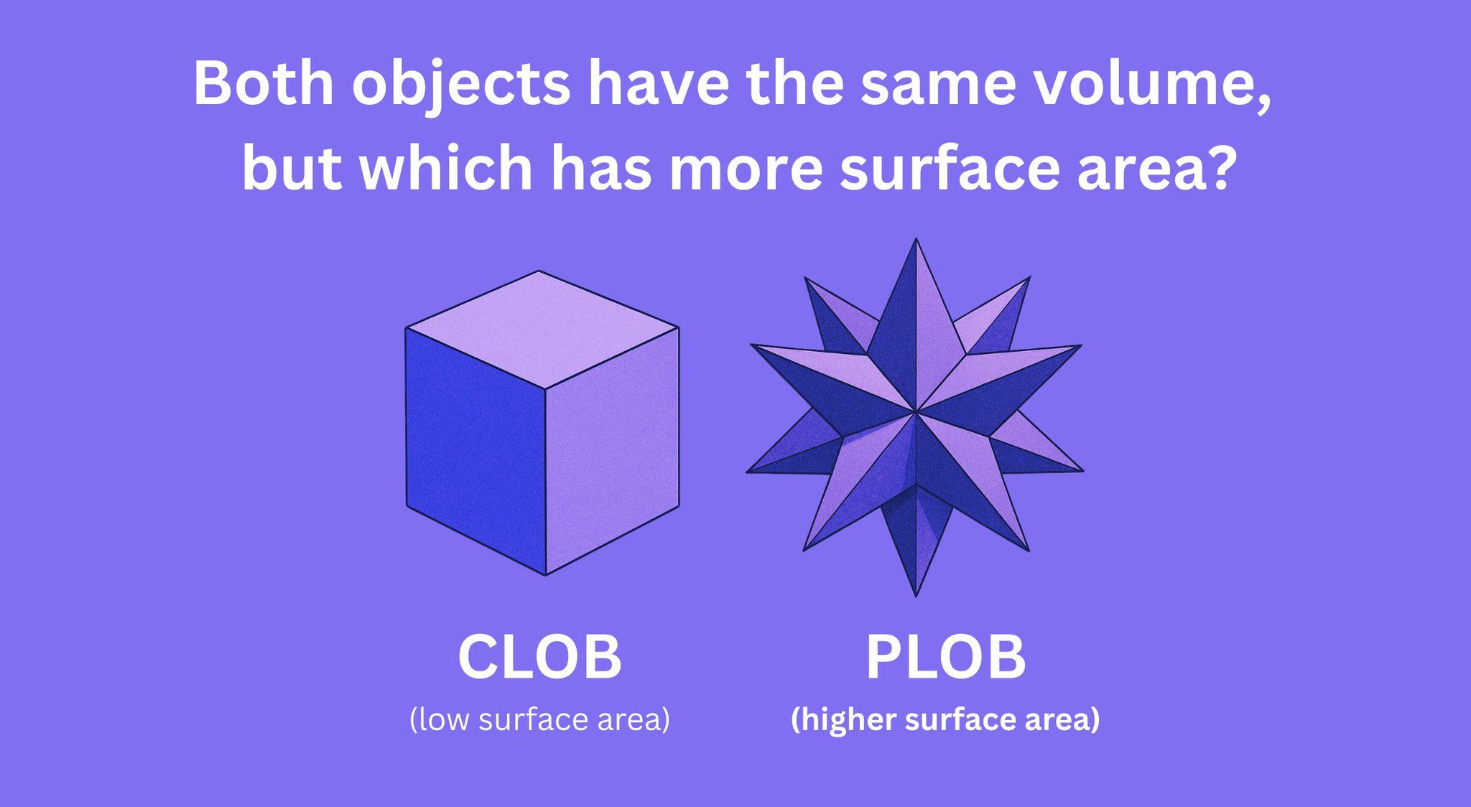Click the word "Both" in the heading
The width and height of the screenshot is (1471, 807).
tap(264, 84)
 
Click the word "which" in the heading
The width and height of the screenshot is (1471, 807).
tap(446, 167)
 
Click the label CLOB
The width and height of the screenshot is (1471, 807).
tap(539, 656)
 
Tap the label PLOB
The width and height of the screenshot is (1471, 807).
tap(946, 656)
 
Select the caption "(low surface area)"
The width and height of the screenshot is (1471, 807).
tap(539, 719)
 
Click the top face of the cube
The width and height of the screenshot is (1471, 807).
tap(542, 330)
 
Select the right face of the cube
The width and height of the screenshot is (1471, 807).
tap(612, 450)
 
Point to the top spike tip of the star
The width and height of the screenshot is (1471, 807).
tap(916, 240)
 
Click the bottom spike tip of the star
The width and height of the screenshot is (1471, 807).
tap(916, 595)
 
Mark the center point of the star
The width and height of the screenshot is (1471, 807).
tap(916, 412)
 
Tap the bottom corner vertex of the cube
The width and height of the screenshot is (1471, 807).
tap(546, 574)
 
